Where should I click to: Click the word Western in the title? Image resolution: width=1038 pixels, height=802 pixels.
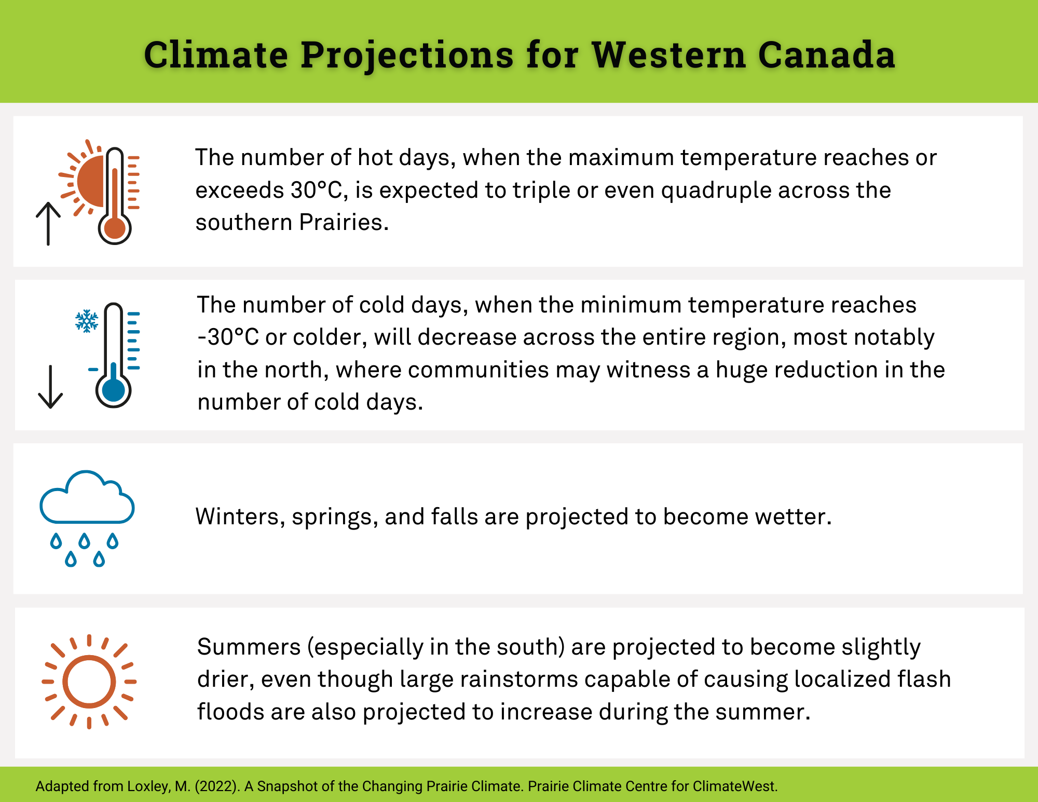668,55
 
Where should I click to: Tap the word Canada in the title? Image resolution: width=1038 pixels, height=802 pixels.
827,55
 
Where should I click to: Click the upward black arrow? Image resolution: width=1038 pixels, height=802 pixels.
48,223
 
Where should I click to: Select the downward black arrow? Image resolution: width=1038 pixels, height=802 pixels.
50,387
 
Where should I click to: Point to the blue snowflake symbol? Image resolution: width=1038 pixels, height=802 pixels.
87,321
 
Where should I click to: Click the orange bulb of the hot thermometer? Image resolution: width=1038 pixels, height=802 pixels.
115,228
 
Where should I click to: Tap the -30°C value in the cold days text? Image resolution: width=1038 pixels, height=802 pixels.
228,337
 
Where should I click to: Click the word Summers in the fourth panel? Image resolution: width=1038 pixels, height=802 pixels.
249,647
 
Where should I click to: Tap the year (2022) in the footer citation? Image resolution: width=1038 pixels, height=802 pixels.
217,786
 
